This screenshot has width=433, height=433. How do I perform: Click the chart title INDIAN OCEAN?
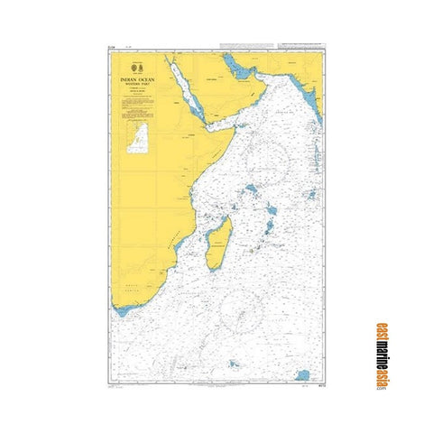138,79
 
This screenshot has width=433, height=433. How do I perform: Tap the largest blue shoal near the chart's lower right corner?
303,373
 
